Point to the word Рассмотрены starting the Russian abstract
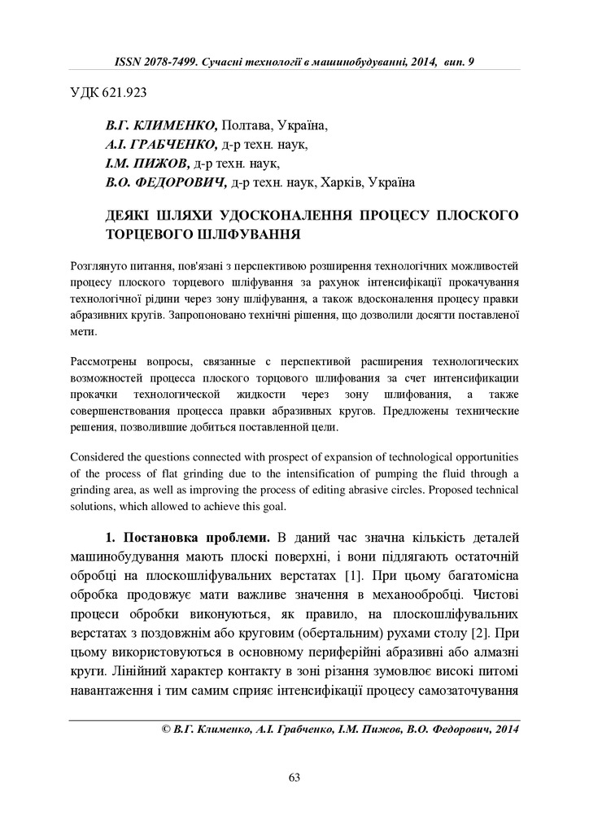coord(105,359)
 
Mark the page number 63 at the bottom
coord(294,778)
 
